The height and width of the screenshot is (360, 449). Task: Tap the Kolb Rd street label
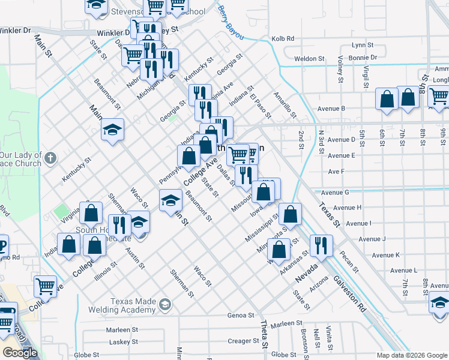tap(283, 38)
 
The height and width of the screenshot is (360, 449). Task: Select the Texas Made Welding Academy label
tap(133, 305)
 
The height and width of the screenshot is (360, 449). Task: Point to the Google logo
tap(20, 353)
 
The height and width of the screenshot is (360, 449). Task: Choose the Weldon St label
tap(309, 59)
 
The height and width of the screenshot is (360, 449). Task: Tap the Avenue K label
tap(386, 255)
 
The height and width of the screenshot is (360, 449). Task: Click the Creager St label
tap(243, 341)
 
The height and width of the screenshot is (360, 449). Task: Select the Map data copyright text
tap(412, 355)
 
